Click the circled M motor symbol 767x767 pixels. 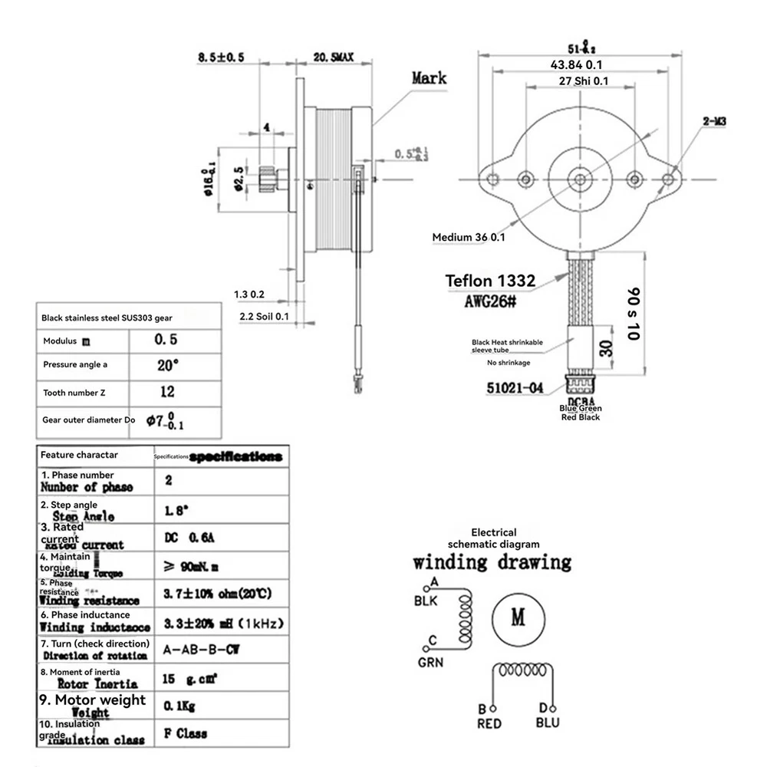518,617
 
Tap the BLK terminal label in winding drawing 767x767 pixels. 425,601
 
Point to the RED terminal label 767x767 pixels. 489,723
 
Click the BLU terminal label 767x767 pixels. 548,723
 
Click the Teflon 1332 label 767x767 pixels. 491,281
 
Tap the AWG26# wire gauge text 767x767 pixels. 490,301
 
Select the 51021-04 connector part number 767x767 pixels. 513,388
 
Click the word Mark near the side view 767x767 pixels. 429,77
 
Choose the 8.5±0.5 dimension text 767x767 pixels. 221,57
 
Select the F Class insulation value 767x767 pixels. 186,733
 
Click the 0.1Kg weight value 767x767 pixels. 180,704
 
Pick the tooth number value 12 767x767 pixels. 168,392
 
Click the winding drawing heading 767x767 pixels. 492,562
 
